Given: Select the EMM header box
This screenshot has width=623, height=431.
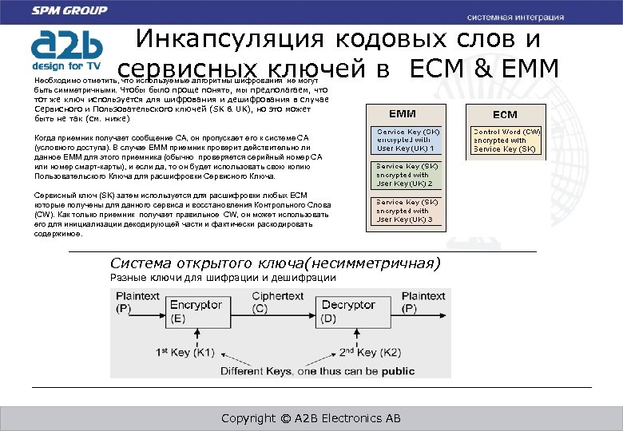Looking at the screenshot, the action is (x=403, y=113).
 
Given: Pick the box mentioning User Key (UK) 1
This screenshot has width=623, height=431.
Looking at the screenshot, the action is (x=407, y=139).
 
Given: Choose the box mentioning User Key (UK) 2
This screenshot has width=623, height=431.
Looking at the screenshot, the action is (x=407, y=174).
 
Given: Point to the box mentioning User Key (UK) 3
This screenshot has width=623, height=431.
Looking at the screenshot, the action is (x=407, y=211).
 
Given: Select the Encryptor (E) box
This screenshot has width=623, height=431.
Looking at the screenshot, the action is (x=196, y=310).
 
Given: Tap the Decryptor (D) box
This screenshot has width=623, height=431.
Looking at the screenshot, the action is (x=348, y=310).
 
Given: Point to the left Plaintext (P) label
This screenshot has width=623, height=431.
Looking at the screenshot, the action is (x=138, y=302).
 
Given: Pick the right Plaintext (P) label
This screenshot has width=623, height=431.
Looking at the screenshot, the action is (x=423, y=302).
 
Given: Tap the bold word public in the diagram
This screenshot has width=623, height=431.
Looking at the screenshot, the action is (x=398, y=371).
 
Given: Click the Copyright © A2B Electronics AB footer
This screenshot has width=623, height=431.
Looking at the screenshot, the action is (x=311, y=418).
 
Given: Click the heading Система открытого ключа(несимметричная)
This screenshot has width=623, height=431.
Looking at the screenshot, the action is (x=275, y=263).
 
